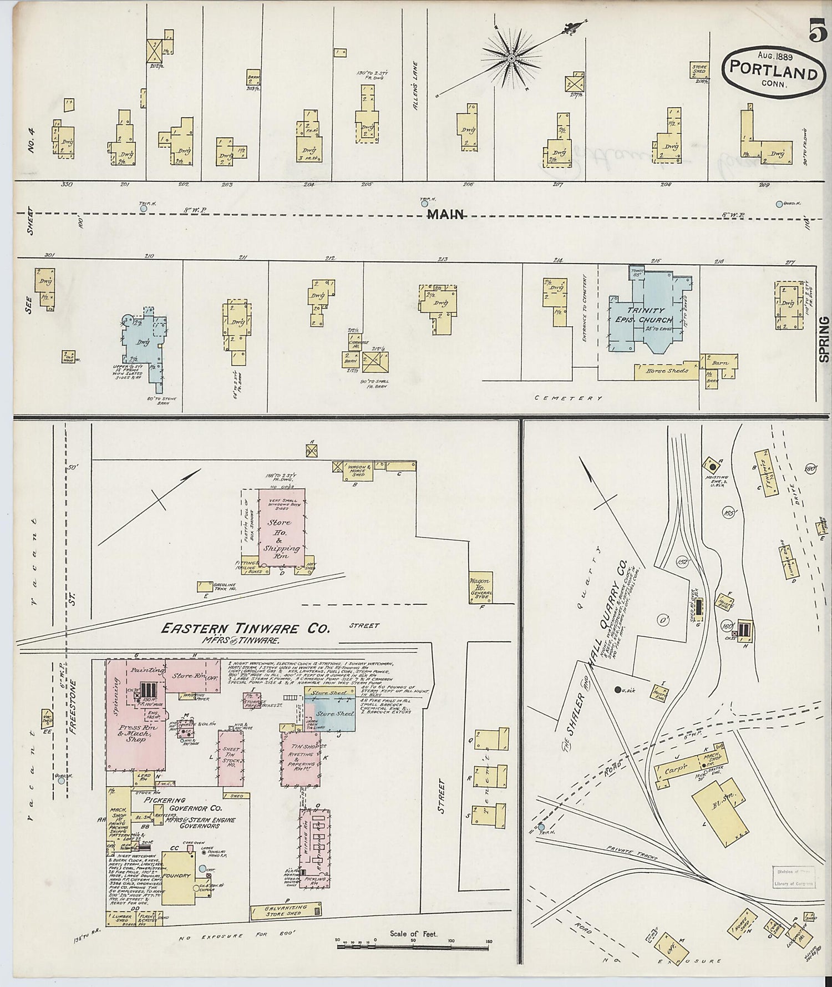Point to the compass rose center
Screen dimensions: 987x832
511,58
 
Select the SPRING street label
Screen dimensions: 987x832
824,339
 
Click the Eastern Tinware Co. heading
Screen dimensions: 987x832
245,628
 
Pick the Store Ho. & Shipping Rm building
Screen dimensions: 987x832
282,528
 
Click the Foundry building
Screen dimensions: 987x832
179,876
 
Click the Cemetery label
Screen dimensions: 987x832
568,398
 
